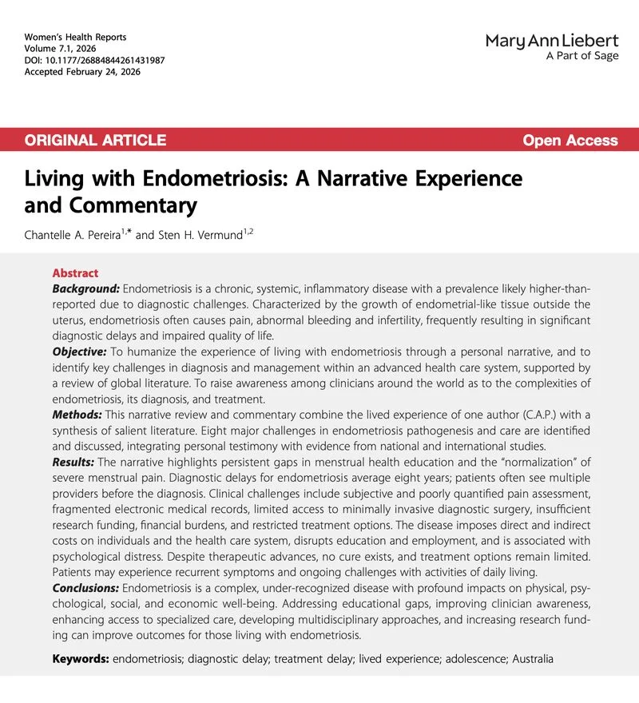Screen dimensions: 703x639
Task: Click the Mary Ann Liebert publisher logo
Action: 551,41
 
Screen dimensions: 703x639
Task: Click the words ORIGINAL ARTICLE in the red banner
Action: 95,141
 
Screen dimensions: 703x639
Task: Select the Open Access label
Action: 570,141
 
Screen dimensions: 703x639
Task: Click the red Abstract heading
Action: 75,273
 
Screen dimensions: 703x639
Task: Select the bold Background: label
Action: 85,288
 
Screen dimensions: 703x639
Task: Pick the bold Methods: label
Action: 77,415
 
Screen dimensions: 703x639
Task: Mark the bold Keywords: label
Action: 81,659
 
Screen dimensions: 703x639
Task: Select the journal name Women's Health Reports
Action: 76,38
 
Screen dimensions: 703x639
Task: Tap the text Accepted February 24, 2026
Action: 81,71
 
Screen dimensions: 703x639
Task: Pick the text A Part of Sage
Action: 582,57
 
